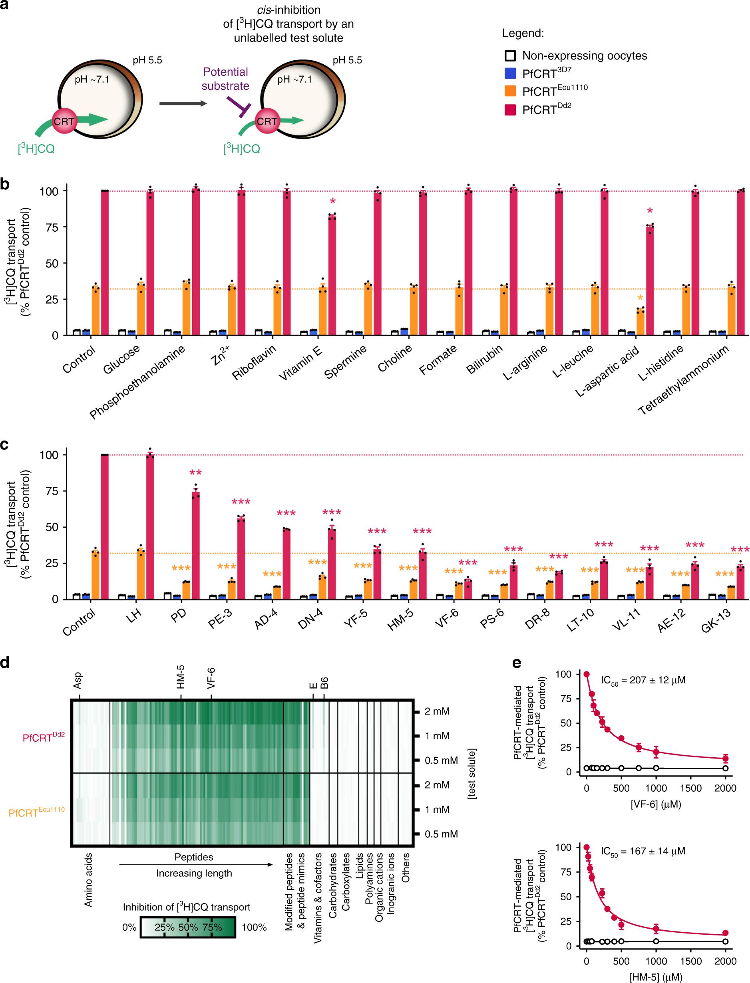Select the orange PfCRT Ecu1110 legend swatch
pyautogui.click(x=510, y=91)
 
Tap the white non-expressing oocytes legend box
pyautogui.click(x=510, y=56)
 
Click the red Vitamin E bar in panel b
pyautogui.click(x=332, y=274)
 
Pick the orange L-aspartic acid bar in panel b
pyautogui.click(x=640, y=321)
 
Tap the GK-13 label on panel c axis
pyautogui.click(x=716, y=621)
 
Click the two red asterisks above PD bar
pyautogui.click(x=195, y=473)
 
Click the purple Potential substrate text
pyautogui.click(x=225, y=79)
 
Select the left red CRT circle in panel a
pyautogui.click(x=64, y=121)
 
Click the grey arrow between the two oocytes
pyautogui.click(x=183, y=103)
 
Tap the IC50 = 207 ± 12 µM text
pyautogui.click(x=643, y=681)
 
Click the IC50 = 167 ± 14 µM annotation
pyautogui.click(x=643, y=851)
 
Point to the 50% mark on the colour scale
pyautogui.click(x=188, y=927)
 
